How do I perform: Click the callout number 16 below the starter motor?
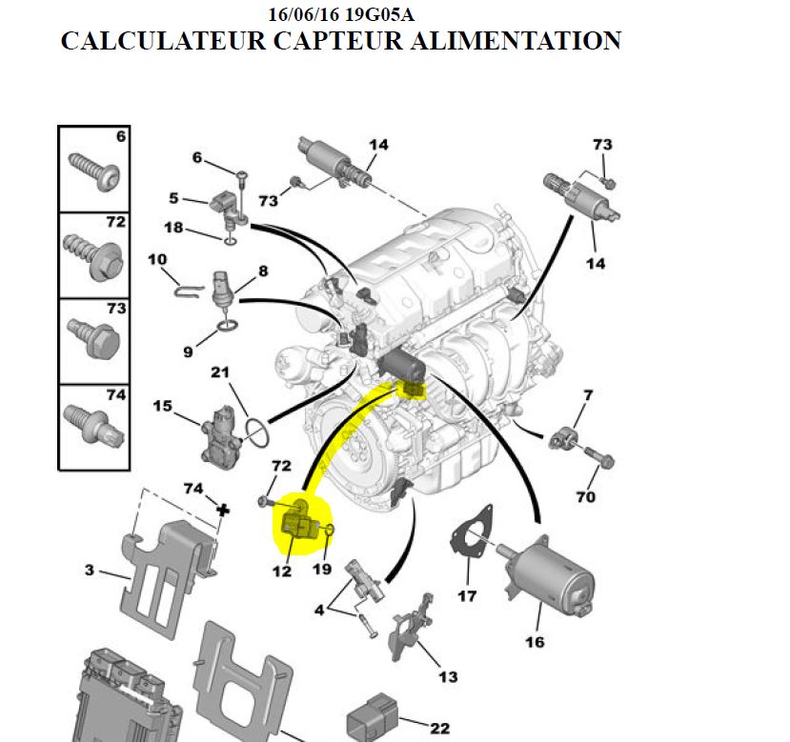pyautogui.click(x=535, y=642)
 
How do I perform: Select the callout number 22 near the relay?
pyautogui.click(x=439, y=729)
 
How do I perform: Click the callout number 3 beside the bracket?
pyautogui.click(x=89, y=571)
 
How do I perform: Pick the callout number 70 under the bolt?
pyautogui.click(x=585, y=497)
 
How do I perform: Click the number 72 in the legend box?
pyautogui.click(x=115, y=222)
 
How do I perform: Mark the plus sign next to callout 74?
pyautogui.click(x=224, y=510)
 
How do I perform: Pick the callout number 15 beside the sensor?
pyautogui.click(x=162, y=407)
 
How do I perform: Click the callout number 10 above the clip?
pyautogui.click(x=157, y=259)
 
